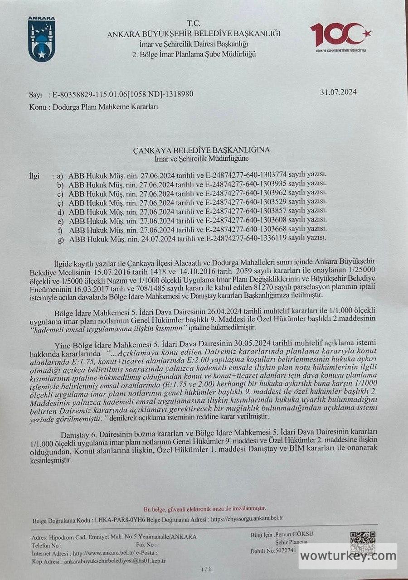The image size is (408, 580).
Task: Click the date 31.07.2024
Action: (x=338, y=92)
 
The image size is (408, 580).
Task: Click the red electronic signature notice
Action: (x=205, y=508)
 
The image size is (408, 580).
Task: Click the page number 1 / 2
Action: (x=205, y=569)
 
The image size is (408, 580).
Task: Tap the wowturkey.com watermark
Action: (x=348, y=556)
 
